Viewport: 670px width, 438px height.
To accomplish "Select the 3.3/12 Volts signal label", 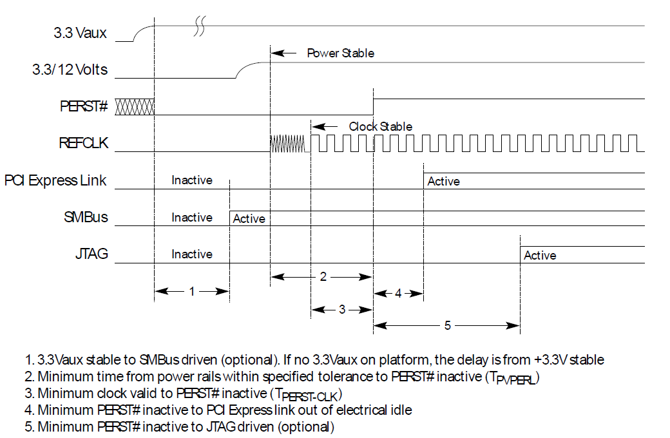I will (70, 70).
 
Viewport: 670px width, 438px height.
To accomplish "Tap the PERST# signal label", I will (84, 106).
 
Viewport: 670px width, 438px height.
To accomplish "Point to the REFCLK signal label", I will (83, 144).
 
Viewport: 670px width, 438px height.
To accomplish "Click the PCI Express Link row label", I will (55, 180).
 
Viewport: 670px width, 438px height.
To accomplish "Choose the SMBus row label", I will (86, 217).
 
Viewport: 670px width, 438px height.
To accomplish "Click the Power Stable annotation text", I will (340, 53).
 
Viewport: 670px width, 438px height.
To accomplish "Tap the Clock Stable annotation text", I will (380, 126).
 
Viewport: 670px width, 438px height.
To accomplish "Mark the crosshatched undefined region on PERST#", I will (135, 107).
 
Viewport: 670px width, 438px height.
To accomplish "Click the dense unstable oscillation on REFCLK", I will (287, 144).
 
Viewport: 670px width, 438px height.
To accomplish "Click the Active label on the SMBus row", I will (249, 219).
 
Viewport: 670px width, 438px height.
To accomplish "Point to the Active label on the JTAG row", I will (540, 256).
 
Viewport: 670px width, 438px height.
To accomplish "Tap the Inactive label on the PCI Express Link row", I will (191, 180).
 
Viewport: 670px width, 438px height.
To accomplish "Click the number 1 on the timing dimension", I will (192, 292).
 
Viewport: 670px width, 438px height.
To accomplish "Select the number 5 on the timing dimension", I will (447, 325).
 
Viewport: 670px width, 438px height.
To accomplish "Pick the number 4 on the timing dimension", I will (398, 293).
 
